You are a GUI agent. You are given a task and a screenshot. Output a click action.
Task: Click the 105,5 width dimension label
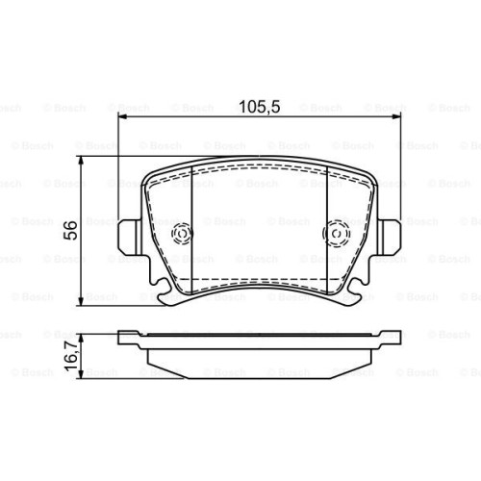[x=260, y=107]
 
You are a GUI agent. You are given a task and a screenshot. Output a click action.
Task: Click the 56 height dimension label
[x=70, y=230]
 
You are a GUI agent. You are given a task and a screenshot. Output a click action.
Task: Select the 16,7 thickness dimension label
[x=71, y=357]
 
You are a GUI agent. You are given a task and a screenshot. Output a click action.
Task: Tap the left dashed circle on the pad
[x=182, y=234]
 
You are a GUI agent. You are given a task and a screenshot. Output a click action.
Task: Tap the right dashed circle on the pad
[x=337, y=234]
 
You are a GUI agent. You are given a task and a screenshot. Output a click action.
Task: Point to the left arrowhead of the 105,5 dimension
[x=123, y=117]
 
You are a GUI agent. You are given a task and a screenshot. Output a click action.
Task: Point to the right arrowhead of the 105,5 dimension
[x=396, y=117]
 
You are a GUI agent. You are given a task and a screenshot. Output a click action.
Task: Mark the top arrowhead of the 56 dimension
[x=81, y=162]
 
